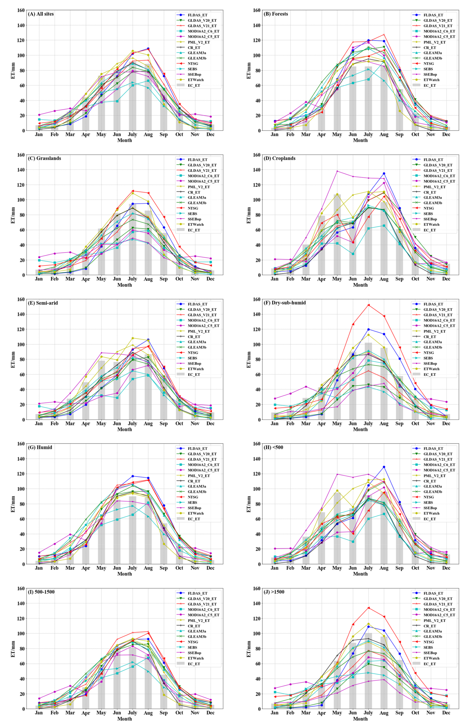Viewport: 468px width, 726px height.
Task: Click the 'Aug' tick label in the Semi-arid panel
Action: pos(148,424)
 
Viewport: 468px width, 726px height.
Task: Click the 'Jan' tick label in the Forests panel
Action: pos(275,135)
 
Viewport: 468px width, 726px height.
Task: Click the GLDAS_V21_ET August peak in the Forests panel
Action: pos(384,34)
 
